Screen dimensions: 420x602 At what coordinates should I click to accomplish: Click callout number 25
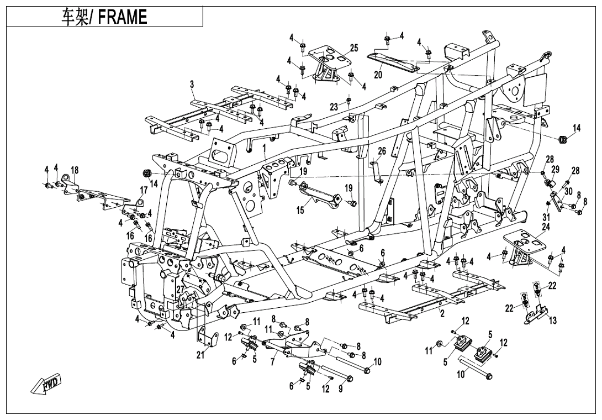tap(354, 49)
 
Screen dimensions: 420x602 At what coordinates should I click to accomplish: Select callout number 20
tap(378, 75)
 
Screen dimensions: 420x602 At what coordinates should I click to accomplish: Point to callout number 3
tap(192, 85)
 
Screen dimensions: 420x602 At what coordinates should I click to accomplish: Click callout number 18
tap(75, 170)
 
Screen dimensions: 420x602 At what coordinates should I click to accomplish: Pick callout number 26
tap(382, 151)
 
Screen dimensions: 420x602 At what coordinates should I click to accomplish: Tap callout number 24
tap(546, 226)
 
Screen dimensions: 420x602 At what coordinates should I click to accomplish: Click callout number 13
tap(553, 320)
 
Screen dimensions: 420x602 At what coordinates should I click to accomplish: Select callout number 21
tap(200, 355)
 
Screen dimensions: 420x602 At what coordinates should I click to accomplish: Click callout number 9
tap(341, 389)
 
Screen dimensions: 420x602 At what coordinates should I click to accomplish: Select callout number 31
tap(546, 216)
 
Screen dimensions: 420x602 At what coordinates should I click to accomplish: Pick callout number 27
tap(180, 290)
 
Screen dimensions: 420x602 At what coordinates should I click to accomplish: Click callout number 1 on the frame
tap(265, 148)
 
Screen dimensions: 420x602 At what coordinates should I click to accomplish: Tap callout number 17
tap(144, 191)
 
